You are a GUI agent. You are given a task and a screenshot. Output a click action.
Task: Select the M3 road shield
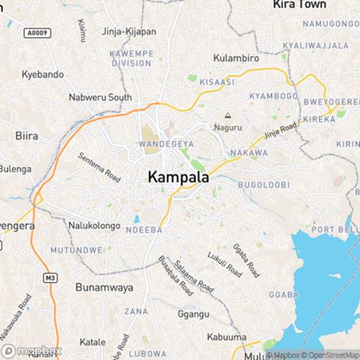(x=50, y=277)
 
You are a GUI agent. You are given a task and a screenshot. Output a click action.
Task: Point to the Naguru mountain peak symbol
(x=228, y=115)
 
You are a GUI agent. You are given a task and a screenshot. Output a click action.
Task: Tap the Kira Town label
(x=300, y=4)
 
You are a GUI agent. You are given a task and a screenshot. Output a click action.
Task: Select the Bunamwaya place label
(x=104, y=287)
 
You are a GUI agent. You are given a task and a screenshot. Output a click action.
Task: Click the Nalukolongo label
(x=94, y=225)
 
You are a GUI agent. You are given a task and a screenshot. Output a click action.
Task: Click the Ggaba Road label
(x=246, y=259)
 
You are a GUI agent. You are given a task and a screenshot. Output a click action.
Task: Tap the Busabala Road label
(x=175, y=276)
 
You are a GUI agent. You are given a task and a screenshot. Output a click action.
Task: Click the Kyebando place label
(x=42, y=74)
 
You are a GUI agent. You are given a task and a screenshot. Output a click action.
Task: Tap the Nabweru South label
(x=100, y=96)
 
